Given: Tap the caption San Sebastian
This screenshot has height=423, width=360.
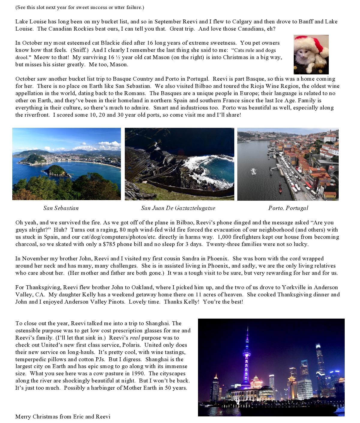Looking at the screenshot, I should (x=61, y=208).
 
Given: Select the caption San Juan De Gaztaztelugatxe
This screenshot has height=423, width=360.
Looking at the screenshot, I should (x=178, y=208).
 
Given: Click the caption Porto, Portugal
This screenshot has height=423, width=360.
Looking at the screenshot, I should (x=288, y=208).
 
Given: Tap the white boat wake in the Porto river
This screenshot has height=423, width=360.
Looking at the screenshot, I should (x=255, y=172).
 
